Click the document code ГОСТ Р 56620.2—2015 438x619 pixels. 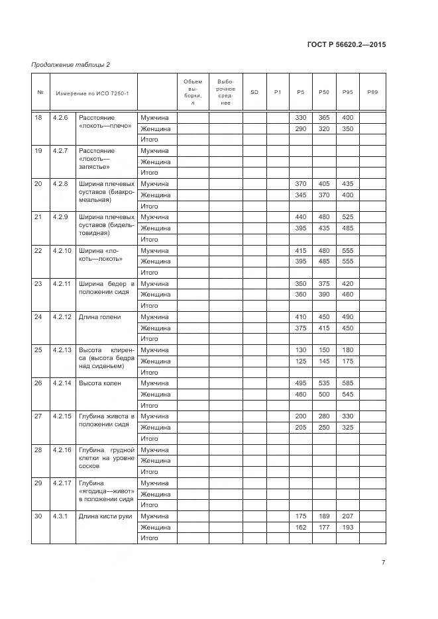pyautogui.click(x=347, y=45)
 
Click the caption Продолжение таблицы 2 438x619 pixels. pyautogui.click(x=70, y=64)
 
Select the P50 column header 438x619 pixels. pyautogui.click(x=324, y=92)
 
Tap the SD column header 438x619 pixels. pyautogui.click(x=254, y=92)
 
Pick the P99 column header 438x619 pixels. pyautogui.click(x=372, y=92)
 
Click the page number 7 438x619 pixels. pyautogui.click(x=384, y=563)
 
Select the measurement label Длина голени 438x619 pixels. pyautogui.click(x=99, y=317)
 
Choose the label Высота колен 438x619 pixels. pyautogui.click(x=100, y=383)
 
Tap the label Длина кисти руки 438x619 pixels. pyautogui.click(x=105, y=516)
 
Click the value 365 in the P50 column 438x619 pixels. pyautogui.click(x=324, y=117)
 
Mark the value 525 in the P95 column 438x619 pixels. pyautogui.click(x=348, y=217)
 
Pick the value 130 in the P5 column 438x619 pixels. pyautogui.click(x=301, y=350)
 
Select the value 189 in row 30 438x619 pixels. pyautogui.click(x=324, y=516)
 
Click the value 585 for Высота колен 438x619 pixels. pyautogui.click(x=348, y=383)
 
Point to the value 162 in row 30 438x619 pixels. pyautogui.click(x=301, y=528)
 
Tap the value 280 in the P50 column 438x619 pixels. pyautogui.click(x=324, y=416)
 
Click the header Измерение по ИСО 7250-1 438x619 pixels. pyautogui.click(x=92, y=92)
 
